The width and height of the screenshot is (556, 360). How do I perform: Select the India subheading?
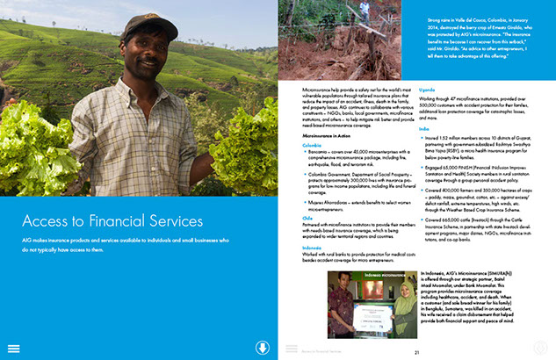[x=400, y=128]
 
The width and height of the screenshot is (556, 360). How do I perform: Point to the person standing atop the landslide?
[x=363, y=8]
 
